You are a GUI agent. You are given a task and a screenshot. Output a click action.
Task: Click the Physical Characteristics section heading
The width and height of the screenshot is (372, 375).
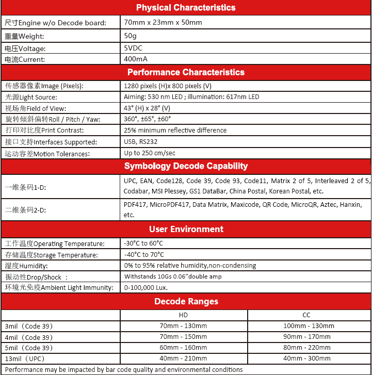click(186, 8)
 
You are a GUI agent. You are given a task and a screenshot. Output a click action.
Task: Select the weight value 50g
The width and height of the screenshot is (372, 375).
click(130, 36)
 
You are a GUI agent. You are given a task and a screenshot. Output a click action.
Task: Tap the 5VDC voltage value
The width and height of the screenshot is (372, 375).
click(133, 48)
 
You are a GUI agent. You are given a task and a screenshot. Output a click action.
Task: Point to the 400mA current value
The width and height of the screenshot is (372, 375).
click(136, 59)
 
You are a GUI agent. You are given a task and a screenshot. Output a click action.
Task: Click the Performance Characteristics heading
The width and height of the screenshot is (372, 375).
click(186, 72)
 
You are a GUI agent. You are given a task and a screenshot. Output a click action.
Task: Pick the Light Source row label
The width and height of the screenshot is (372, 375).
click(31, 97)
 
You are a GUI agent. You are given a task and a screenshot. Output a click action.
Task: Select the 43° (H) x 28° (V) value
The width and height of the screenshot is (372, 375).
click(147, 108)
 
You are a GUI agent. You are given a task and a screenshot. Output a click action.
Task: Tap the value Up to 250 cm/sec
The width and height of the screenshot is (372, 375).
click(150, 153)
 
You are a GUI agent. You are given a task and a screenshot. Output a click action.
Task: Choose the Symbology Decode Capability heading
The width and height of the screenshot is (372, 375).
click(186, 166)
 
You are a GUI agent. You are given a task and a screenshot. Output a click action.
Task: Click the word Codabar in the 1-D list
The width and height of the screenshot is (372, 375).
click(135, 191)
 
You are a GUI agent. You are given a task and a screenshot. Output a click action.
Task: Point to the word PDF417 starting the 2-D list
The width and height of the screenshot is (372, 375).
click(135, 205)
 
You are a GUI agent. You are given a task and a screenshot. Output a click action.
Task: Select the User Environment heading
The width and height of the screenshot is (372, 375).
click(186, 229)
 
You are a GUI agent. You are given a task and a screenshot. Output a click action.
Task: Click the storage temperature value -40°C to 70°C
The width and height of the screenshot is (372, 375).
click(144, 254)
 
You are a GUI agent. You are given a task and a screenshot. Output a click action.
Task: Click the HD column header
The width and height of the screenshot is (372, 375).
click(183, 315)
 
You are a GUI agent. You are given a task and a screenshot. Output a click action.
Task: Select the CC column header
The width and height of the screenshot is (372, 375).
click(306, 315)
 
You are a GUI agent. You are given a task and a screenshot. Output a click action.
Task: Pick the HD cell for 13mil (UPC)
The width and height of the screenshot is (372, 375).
click(183, 358)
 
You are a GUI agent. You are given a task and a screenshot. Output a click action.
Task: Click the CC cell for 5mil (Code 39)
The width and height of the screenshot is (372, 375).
click(306, 348)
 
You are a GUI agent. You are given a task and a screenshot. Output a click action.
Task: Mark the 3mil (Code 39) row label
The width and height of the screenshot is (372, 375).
click(29, 326)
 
